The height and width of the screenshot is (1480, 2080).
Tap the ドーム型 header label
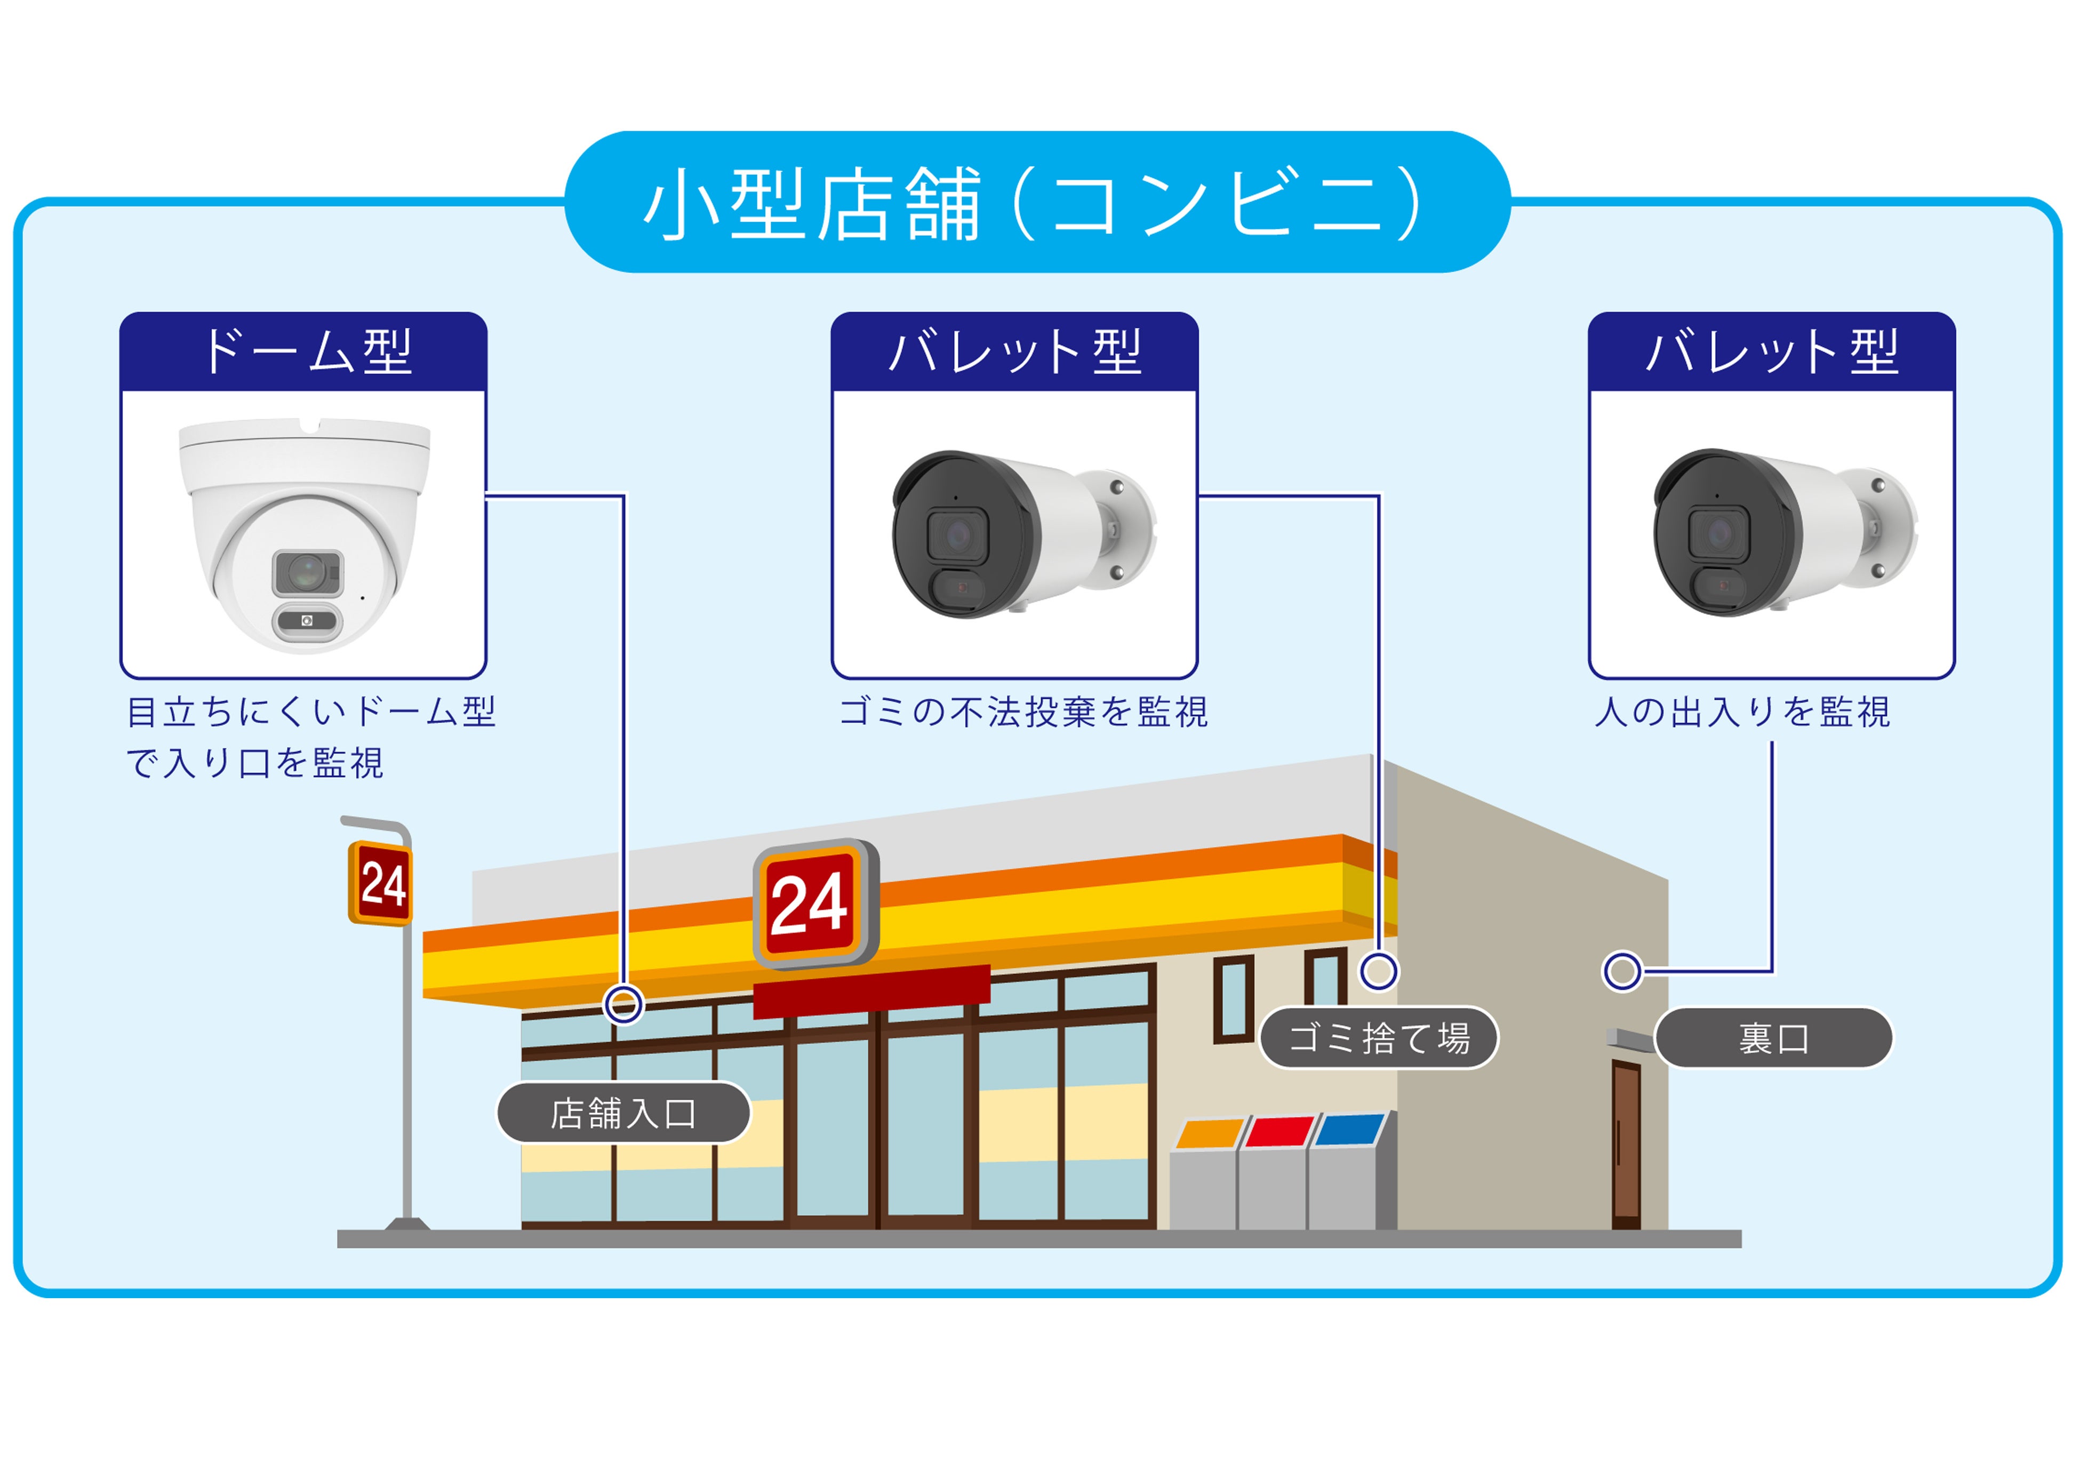[305, 352]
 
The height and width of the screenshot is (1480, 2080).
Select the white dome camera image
[305, 535]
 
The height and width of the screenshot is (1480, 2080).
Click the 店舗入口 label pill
[623, 1113]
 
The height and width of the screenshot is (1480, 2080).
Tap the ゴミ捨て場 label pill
[1379, 1038]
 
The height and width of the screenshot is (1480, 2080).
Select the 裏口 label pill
[1773, 1038]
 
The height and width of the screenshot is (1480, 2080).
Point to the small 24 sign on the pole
[381, 883]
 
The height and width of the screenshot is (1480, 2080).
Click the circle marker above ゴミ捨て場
[1379, 971]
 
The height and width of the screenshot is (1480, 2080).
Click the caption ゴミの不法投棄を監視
[1022, 712]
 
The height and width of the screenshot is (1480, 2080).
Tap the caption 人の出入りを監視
[1742, 712]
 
